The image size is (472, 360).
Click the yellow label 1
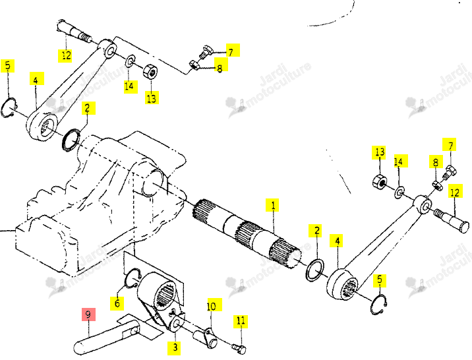point(272,205)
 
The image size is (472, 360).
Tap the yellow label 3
point(175,347)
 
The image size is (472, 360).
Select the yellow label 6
point(117,303)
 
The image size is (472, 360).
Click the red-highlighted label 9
point(88,315)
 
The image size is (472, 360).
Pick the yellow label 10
point(214,305)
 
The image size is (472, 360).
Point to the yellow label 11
point(241,322)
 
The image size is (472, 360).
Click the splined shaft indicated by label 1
point(247,235)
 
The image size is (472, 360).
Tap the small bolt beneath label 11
point(239,349)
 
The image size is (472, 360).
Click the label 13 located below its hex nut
point(152,97)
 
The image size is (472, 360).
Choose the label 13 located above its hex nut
point(379,152)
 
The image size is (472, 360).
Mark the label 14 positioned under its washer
point(131,86)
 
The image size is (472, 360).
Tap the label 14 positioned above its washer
point(400,161)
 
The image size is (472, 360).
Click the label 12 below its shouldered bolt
point(65,55)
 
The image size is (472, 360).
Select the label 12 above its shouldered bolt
point(455,192)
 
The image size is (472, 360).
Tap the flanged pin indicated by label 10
point(205,338)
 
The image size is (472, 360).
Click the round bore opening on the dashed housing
point(153,183)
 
